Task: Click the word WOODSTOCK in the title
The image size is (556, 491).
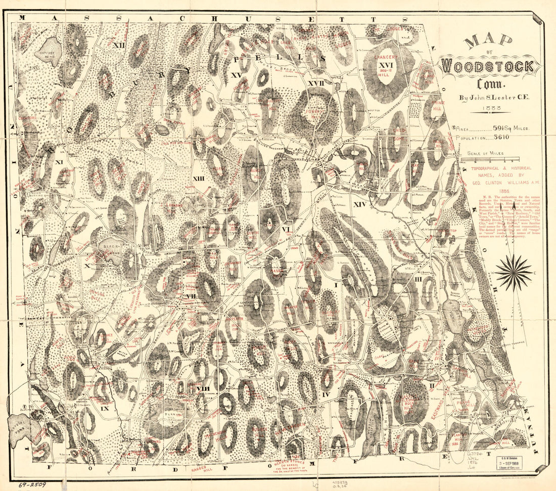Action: [488, 66]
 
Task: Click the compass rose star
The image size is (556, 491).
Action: [513, 273]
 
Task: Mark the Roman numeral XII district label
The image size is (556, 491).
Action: [119, 45]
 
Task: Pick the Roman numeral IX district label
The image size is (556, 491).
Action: [105, 408]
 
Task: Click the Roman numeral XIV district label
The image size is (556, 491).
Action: [359, 204]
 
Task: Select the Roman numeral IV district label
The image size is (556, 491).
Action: [326, 394]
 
